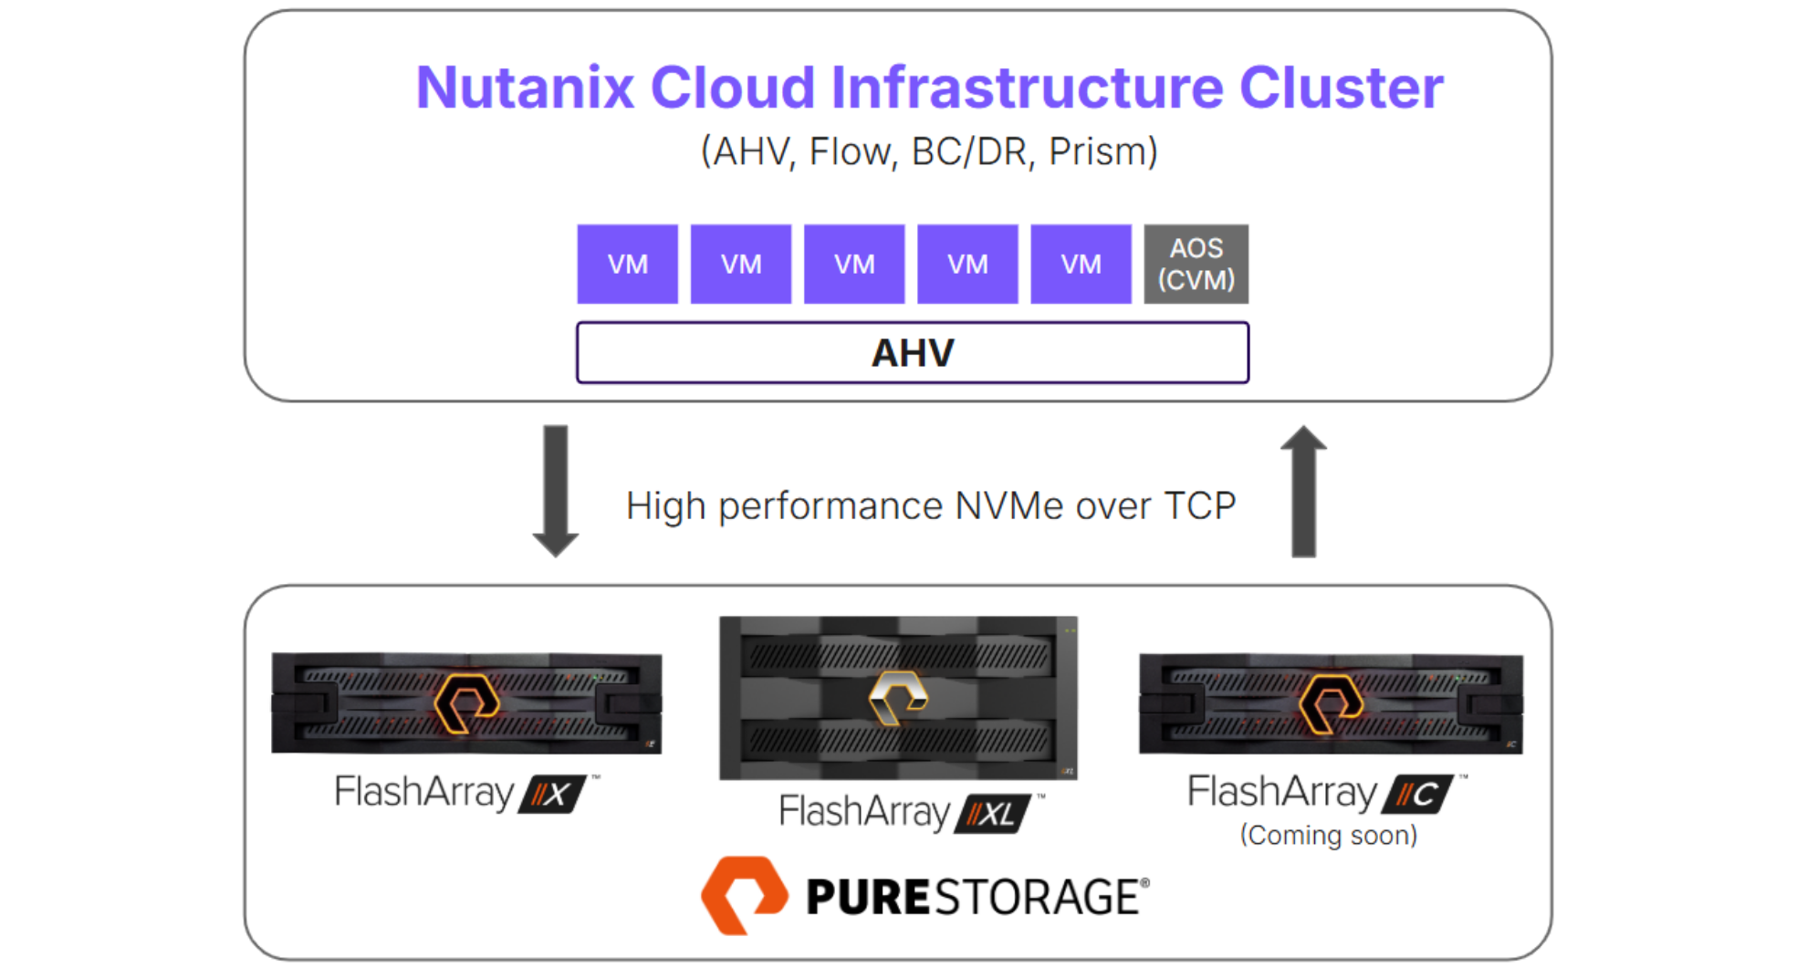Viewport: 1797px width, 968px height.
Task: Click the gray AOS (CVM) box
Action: click(1196, 264)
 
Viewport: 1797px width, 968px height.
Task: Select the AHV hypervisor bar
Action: click(912, 352)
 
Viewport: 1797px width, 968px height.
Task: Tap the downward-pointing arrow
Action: click(555, 490)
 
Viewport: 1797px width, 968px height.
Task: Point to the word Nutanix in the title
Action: click(525, 88)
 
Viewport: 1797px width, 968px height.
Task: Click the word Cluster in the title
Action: click(1341, 88)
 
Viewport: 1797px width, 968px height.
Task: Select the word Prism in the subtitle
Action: click(1102, 151)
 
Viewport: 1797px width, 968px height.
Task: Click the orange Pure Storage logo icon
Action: click(744, 895)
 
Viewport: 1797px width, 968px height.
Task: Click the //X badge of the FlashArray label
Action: click(552, 794)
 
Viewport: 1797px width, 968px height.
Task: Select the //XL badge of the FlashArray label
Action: click(992, 813)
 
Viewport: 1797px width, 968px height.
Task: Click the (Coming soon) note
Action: click(1328, 835)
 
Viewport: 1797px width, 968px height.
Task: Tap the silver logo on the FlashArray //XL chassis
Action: click(898, 698)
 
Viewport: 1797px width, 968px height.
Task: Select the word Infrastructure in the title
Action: click(1026, 88)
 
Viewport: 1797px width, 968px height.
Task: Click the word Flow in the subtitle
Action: click(849, 151)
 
